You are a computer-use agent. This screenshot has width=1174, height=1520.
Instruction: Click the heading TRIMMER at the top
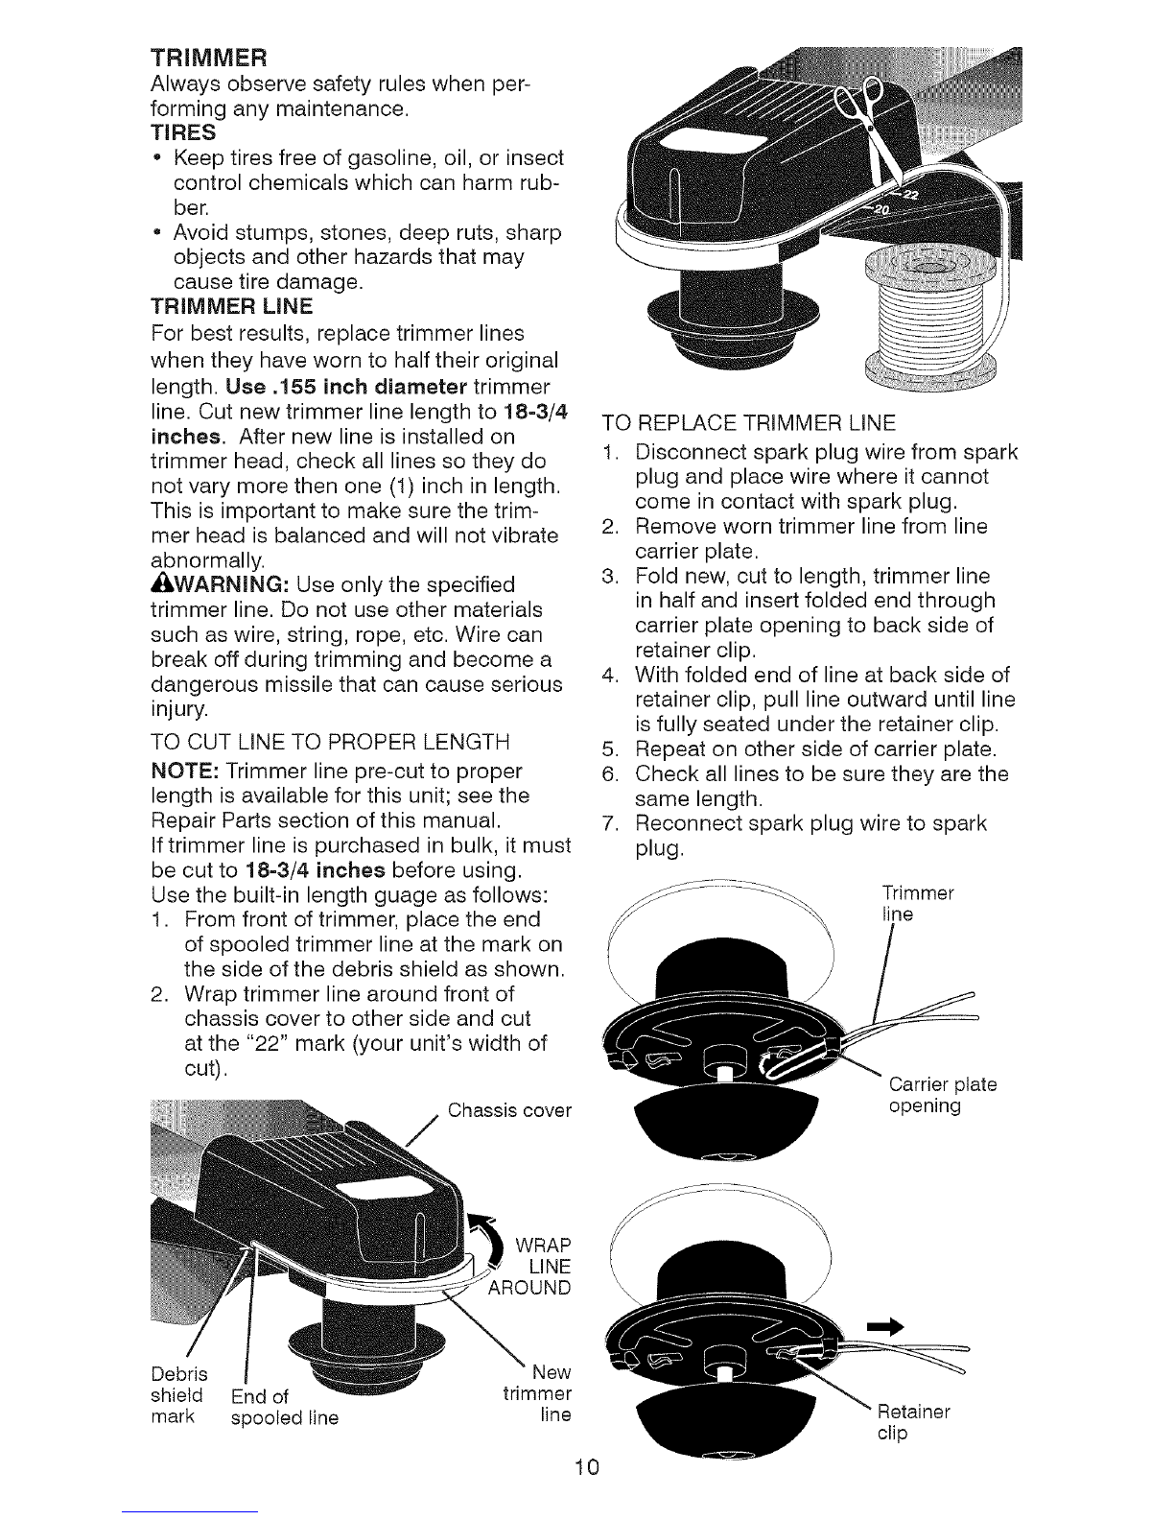pos(209,57)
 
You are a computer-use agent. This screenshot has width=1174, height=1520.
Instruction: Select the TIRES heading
pos(184,132)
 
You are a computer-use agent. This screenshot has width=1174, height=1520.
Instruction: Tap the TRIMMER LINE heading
pos(232,306)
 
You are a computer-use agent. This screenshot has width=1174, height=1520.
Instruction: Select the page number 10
pos(587,1466)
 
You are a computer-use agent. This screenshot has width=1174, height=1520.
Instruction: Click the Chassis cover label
pos(509,1110)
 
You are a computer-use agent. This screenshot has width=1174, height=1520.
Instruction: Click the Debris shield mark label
pos(179,1395)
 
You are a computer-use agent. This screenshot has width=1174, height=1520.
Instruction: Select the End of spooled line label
pos(285,1408)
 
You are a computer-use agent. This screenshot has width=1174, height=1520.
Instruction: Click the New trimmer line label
pos(538,1393)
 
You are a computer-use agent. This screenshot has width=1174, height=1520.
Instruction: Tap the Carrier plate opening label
pos(943,1095)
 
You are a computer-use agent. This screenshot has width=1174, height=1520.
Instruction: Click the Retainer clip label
pos(914,1422)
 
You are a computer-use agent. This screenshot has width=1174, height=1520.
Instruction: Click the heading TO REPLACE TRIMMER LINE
pos(749,423)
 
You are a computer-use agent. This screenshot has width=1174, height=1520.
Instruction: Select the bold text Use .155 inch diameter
pos(346,387)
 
